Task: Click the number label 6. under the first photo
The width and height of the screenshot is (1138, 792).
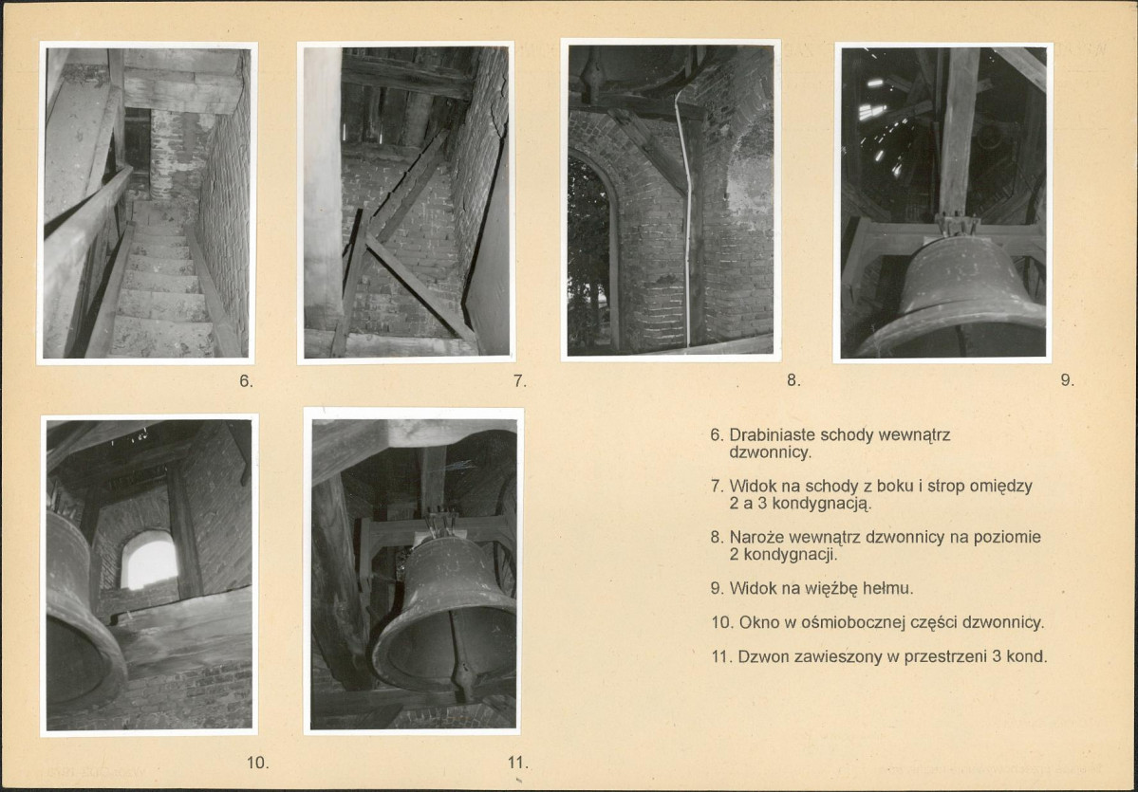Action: tap(246, 380)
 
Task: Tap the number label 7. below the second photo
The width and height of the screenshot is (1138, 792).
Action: tap(520, 380)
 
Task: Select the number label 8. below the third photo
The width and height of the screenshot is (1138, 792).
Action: tap(793, 380)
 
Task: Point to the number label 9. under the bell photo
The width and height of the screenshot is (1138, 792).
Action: tap(1067, 380)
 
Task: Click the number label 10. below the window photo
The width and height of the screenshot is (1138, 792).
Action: tap(257, 763)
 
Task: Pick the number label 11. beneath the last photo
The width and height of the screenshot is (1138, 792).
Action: tap(517, 763)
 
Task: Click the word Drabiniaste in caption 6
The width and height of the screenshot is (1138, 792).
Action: tap(772, 435)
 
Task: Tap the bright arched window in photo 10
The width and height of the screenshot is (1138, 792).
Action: tap(149, 560)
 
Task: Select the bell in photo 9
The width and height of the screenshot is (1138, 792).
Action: tap(952, 295)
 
